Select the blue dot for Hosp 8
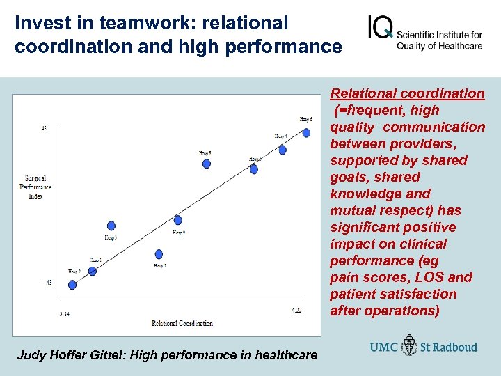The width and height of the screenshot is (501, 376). coord(206,164)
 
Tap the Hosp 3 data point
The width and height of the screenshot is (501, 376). coord(111,226)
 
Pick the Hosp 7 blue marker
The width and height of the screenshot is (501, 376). coord(159,254)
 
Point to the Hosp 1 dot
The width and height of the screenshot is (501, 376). coord(93,271)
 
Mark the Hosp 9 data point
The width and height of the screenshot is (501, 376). coord(178,221)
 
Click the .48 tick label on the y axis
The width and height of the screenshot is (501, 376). coord(43,128)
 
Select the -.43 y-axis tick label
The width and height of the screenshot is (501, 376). coord(47,282)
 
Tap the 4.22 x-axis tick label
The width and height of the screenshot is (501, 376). coord(297,310)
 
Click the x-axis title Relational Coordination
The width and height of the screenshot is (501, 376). coord(182,323)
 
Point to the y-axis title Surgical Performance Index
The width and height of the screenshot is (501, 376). coord(38,187)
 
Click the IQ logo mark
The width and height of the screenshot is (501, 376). coord(381,29)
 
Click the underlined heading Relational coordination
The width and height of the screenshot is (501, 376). coord(407,93)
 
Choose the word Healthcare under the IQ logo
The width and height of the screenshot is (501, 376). coord(460,47)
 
